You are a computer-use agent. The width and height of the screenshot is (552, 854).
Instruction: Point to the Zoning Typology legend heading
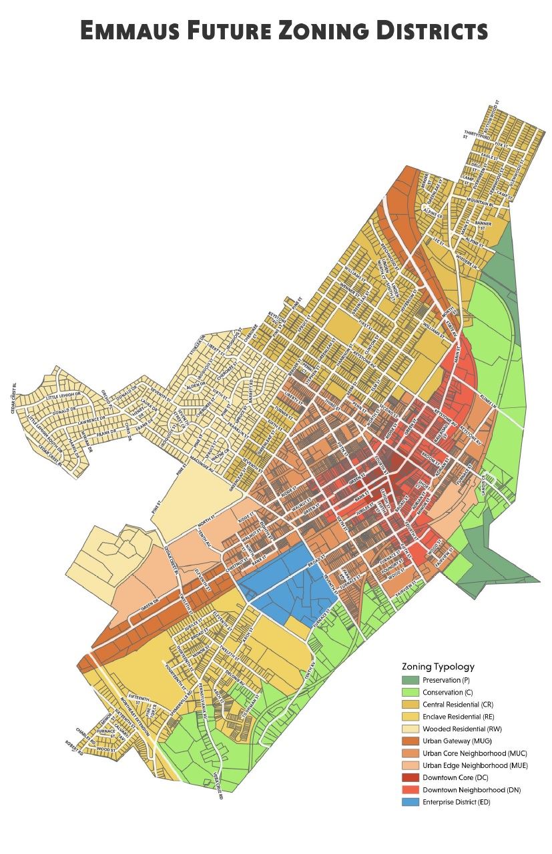point(438,666)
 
